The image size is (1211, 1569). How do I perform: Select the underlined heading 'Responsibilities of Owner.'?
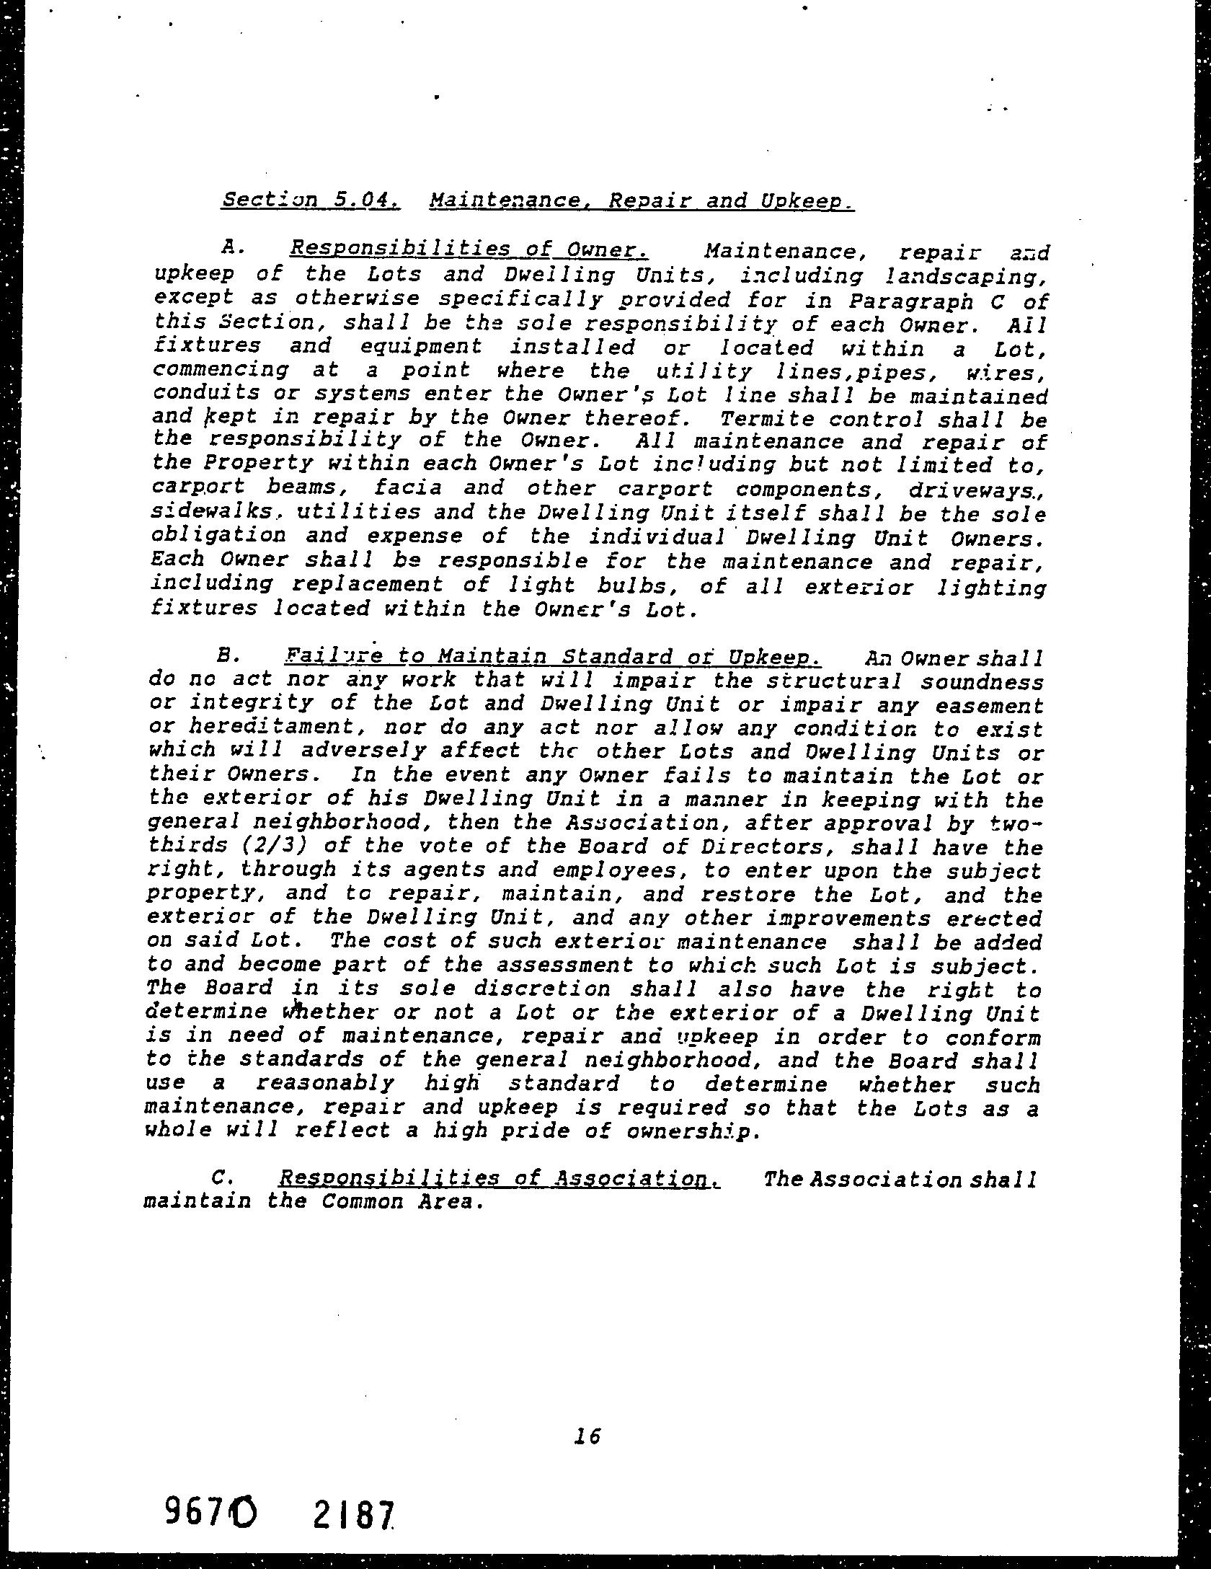coord(469,249)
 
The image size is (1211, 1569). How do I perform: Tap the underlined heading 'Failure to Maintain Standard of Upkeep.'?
coord(553,658)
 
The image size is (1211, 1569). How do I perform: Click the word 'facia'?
coord(407,487)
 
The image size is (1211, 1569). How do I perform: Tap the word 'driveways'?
coord(970,489)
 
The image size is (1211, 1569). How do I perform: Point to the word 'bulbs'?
coord(643,584)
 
